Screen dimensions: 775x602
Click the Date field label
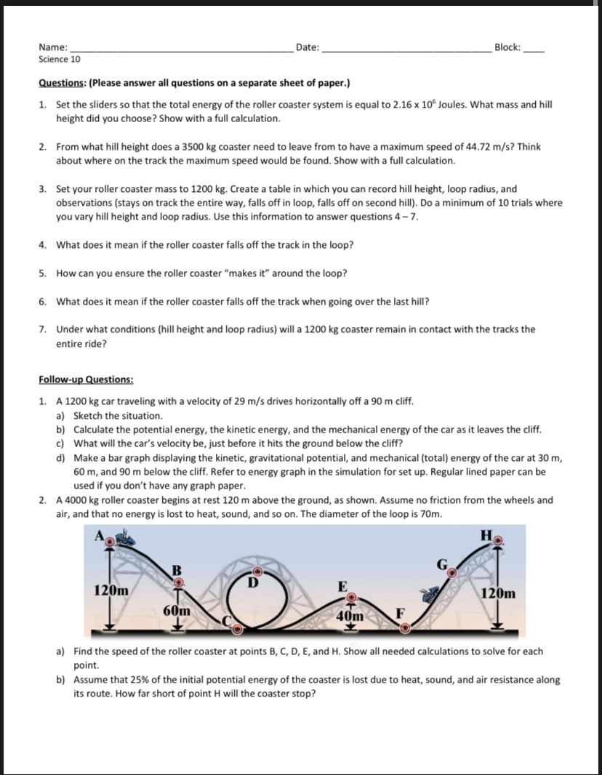308,47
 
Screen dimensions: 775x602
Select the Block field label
507,47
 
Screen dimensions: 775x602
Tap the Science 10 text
59,59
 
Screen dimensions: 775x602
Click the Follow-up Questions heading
86,380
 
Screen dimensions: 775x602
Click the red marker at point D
257,571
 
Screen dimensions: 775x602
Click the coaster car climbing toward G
431,593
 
